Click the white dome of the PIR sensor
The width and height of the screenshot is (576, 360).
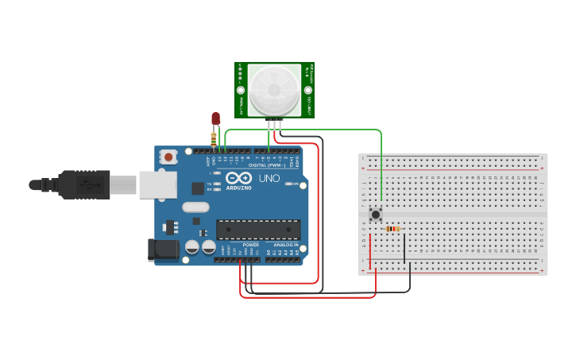pos(274,89)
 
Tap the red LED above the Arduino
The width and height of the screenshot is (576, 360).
pos(215,118)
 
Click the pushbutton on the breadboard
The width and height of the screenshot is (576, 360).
pos(376,213)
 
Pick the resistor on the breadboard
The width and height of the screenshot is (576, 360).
pos(392,229)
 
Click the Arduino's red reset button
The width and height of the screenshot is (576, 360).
pos(168,157)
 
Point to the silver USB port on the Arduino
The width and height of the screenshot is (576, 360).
pos(157,184)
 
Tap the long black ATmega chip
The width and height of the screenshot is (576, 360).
pos(258,230)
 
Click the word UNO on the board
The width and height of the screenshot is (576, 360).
pos(269,178)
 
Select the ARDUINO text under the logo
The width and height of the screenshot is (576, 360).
pos(239,188)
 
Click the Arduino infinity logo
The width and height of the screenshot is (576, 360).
pos(243,178)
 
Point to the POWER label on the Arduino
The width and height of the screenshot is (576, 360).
pos(251,245)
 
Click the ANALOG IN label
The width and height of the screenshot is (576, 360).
pos(285,245)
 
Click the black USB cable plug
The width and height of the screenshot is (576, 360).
pos(83,184)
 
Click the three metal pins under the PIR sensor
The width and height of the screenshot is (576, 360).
pos(274,123)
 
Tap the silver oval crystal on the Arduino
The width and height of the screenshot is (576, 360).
pos(195,207)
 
